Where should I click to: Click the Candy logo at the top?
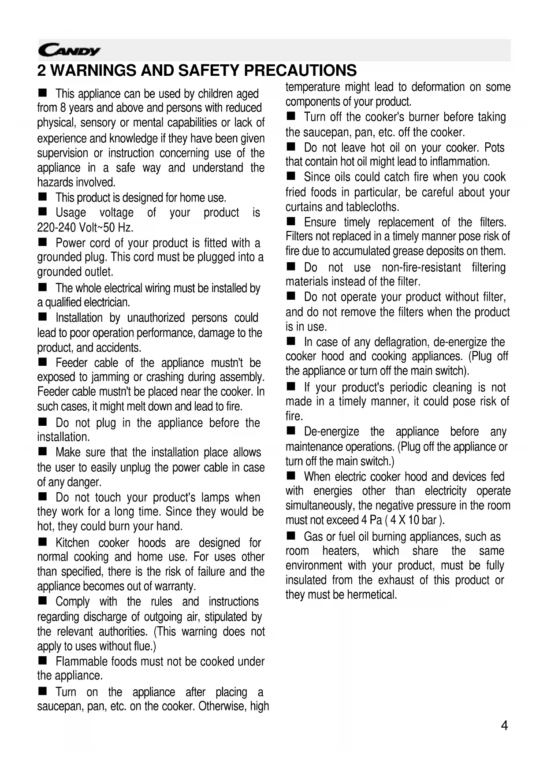click(69, 50)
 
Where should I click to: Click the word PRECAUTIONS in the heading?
click(300, 71)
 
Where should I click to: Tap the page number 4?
click(504, 725)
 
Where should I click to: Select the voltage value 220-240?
click(56, 228)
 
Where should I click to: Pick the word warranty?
click(175, 587)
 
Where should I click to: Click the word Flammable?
click(82, 662)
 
